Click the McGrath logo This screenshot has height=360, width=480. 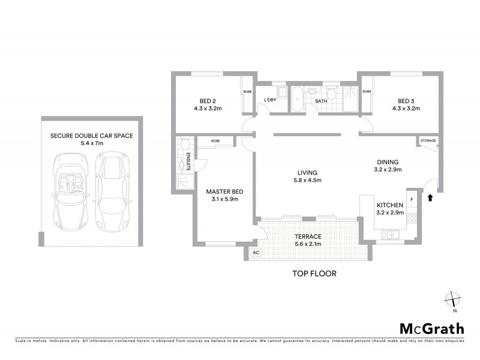tap(431, 328)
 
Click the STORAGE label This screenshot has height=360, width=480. tap(428, 141)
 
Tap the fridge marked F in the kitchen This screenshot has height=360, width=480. tap(412, 199)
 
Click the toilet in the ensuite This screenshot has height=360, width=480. tap(184, 145)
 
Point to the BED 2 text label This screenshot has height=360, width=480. tap(208, 101)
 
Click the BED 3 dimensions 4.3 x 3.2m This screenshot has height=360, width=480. tap(406, 109)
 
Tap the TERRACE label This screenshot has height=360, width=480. tap(308, 236)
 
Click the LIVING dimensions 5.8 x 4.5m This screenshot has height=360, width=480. tap(308, 180)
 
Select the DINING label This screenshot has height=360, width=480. tap(388, 161)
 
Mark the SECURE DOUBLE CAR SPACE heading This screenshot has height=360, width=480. tap(92, 136)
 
